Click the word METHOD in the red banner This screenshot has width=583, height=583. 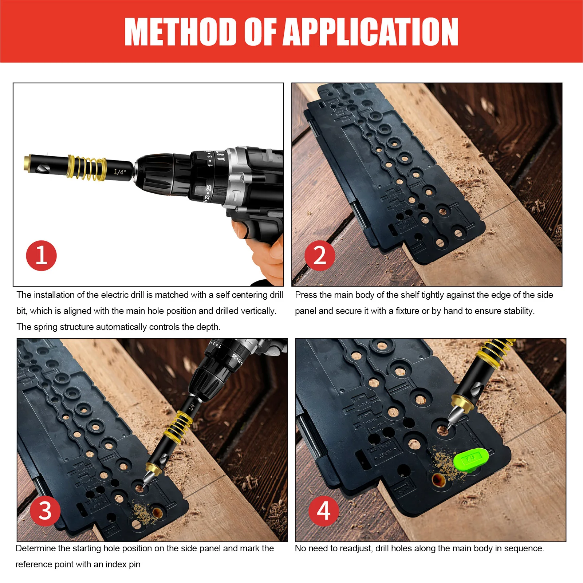[x=181, y=32]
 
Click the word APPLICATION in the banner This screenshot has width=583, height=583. [x=370, y=32]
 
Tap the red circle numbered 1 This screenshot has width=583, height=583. [x=41, y=256]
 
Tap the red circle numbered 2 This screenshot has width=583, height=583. [x=320, y=256]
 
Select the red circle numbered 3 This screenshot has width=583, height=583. [x=45, y=511]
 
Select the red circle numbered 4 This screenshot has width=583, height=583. [x=324, y=511]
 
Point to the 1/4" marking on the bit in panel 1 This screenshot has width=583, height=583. [x=119, y=172]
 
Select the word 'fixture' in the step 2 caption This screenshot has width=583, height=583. [x=407, y=311]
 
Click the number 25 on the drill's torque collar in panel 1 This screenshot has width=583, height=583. [x=209, y=188]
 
